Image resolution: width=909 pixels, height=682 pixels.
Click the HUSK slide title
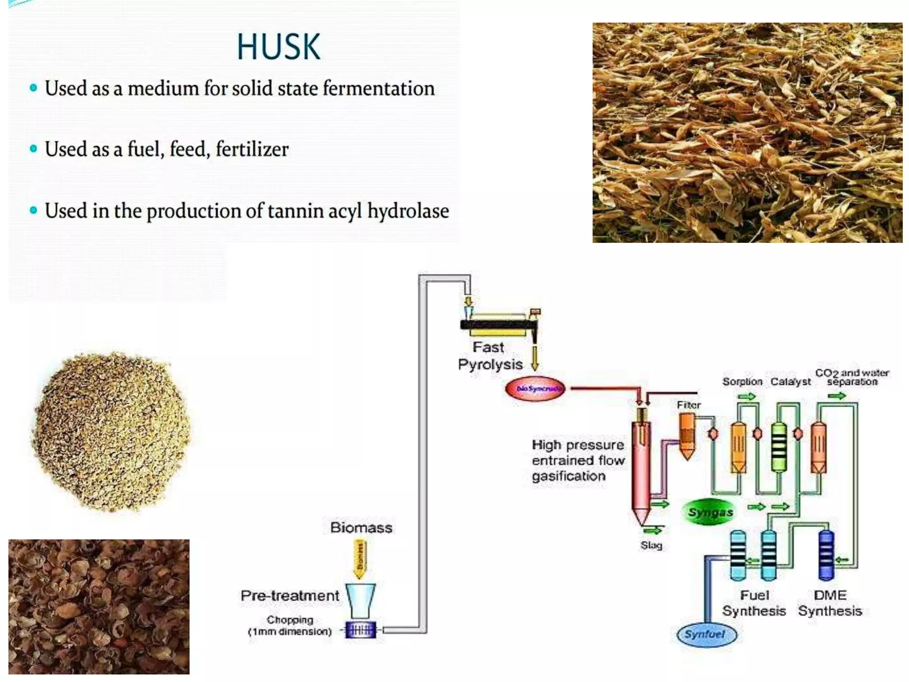(278, 47)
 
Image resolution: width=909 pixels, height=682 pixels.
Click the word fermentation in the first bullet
(378, 88)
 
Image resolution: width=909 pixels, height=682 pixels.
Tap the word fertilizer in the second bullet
(252, 149)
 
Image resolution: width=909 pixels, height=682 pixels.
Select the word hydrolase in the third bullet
(408, 210)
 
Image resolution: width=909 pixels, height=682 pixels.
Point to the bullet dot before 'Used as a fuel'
(33, 149)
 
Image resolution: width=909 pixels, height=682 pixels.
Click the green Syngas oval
(710, 512)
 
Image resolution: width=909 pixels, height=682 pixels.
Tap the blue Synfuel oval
(706, 634)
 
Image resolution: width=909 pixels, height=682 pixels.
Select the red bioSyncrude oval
(535, 389)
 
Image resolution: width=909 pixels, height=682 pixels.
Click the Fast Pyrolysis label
(490, 356)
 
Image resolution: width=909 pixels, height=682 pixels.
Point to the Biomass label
(361, 527)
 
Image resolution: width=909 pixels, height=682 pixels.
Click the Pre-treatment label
(289, 595)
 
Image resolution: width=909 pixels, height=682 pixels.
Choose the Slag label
(651, 545)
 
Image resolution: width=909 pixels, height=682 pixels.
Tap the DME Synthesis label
(830, 603)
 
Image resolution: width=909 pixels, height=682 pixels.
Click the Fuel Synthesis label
(754, 603)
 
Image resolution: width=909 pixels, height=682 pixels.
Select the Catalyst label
(790, 382)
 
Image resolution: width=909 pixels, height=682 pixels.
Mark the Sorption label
(742, 382)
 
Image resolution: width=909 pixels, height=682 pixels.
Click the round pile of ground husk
(112, 431)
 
